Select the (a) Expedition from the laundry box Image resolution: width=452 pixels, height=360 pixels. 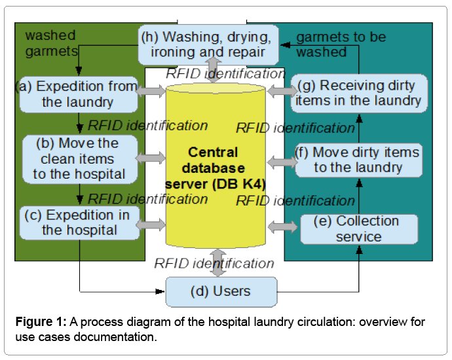coord(78,94)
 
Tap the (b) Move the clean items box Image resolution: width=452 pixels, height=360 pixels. coord(79,158)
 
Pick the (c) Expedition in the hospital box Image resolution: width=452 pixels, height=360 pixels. coord(79,222)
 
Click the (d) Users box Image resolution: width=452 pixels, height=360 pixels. coord(222,291)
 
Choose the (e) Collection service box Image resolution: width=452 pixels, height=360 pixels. coord(358,228)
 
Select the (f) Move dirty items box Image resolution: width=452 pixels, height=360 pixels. coord(358,160)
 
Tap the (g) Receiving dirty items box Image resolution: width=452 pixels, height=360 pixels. coord(358,92)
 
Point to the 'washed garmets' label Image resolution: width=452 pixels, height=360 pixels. coord(50,43)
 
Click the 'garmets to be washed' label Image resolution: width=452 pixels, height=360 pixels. coord(341,43)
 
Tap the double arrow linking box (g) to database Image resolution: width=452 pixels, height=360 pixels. coord(283,91)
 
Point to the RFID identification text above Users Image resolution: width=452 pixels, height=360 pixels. coord(214,264)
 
